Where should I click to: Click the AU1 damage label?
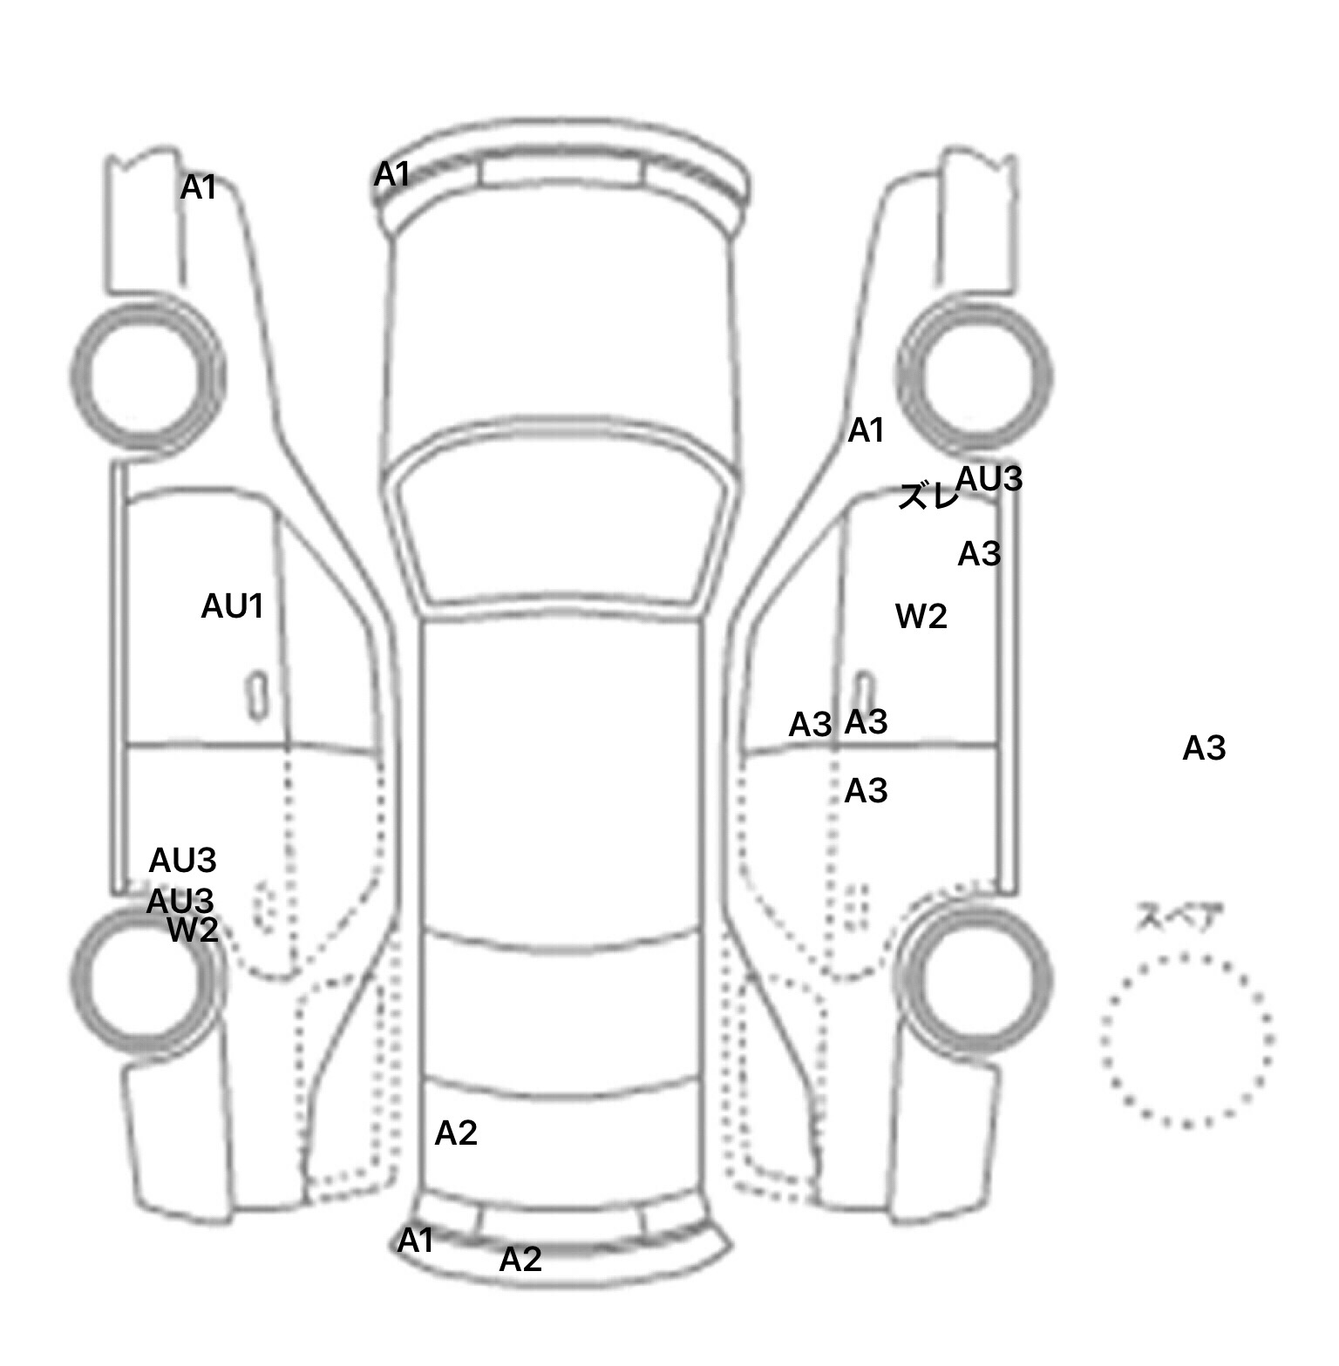(x=232, y=606)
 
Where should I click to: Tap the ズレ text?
(x=928, y=497)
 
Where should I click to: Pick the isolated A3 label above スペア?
(x=1204, y=748)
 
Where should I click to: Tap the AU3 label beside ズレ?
(x=989, y=479)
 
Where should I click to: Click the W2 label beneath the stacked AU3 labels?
(x=193, y=930)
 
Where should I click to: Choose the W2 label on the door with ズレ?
(x=921, y=617)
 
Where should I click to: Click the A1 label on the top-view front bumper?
(x=392, y=175)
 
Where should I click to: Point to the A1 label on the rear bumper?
(x=416, y=1241)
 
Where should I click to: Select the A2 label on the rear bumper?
(x=520, y=1260)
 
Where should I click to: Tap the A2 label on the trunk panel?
(x=456, y=1133)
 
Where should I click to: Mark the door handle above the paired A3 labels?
(x=863, y=688)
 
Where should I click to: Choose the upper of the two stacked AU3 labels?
(x=182, y=861)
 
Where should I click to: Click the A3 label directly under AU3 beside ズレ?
(x=979, y=554)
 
